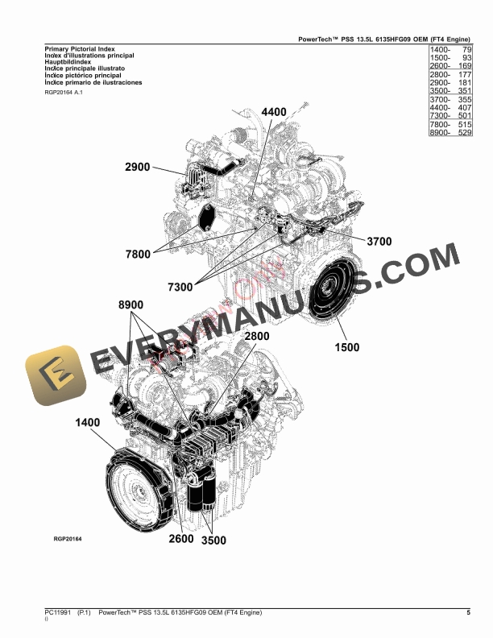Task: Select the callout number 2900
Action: click(138, 168)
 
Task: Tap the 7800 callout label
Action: click(138, 254)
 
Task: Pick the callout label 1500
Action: click(346, 347)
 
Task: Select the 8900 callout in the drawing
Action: click(130, 305)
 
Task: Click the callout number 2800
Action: click(257, 336)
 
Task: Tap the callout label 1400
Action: click(88, 422)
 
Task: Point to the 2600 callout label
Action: click(181, 539)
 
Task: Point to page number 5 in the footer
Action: click(468, 614)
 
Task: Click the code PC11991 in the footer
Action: click(57, 614)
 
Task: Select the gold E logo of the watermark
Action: click(54, 375)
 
